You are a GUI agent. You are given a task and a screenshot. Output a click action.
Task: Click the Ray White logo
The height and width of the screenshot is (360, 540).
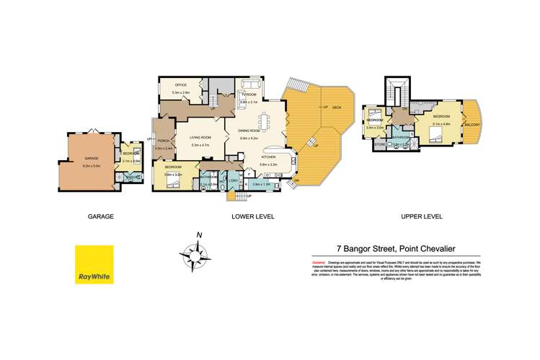pos(94,265)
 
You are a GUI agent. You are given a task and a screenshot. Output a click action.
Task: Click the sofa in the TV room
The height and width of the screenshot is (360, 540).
pos(250,87)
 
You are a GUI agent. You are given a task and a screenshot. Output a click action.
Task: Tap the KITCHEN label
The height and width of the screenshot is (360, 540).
pos(269,157)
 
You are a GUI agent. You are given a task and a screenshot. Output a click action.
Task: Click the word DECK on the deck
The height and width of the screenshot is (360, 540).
pos(337,107)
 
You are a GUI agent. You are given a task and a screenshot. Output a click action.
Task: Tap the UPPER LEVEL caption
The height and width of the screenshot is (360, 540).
pos(422,216)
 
